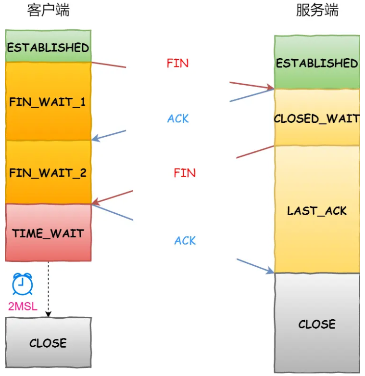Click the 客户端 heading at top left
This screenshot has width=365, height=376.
pos(48,11)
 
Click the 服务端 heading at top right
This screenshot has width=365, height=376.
pos(317,11)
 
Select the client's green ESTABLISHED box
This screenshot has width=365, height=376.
pos(48,47)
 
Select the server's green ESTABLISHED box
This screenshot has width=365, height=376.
pos(317,63)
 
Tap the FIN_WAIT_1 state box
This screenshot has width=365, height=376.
pos(48,102)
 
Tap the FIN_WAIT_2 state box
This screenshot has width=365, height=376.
pos(48,172)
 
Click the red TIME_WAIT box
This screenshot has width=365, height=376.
pos(48,233)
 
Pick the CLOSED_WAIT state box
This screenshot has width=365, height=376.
pos(317,118)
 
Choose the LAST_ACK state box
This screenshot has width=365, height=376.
pos(317,210)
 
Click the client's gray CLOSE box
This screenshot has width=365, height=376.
pos(48,343)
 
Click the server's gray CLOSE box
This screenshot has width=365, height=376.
pos(317,324)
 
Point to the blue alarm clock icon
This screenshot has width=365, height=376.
pos(22,284)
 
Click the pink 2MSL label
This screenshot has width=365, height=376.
pos(22,306)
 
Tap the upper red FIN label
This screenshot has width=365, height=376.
pos(177,63)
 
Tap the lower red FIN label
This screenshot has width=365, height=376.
pos(185,173)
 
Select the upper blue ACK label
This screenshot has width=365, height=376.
pos(178,118)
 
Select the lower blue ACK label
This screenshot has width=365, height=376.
pos(185,241)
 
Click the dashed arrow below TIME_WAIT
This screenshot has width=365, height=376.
pos(48,289)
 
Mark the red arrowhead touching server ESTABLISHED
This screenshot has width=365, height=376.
pos(270,88)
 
